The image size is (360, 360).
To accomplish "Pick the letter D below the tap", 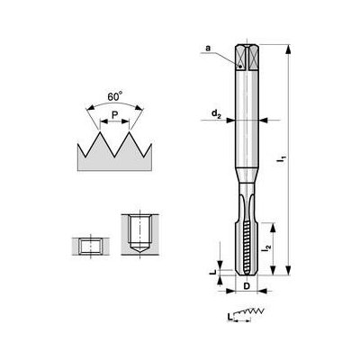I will click(245, 288).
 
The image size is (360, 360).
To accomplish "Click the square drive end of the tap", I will click(245, 58).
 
